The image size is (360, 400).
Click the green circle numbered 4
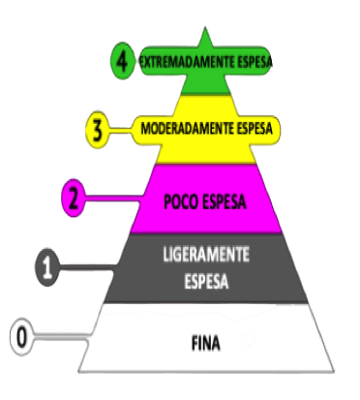pyautogui.click(x=121, y=61)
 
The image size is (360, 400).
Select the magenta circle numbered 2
pyautogui.click(x=74, y=200)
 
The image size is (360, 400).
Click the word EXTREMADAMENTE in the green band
pyautogui.click(x=189, y=61)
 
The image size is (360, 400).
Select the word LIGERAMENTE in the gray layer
pyautogui.click(x=204, y=254)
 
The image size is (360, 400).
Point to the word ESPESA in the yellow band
pyautogui.click(x=256, y=128)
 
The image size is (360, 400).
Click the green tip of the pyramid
pyautogui.click(x=206, y=39)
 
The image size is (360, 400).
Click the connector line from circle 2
pyautogui.click(x=106, y=200)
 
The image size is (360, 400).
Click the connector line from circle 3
pyautogui.click(x=121, y=128)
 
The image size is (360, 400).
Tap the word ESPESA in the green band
pyautogui.click(x=255, y=61)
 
